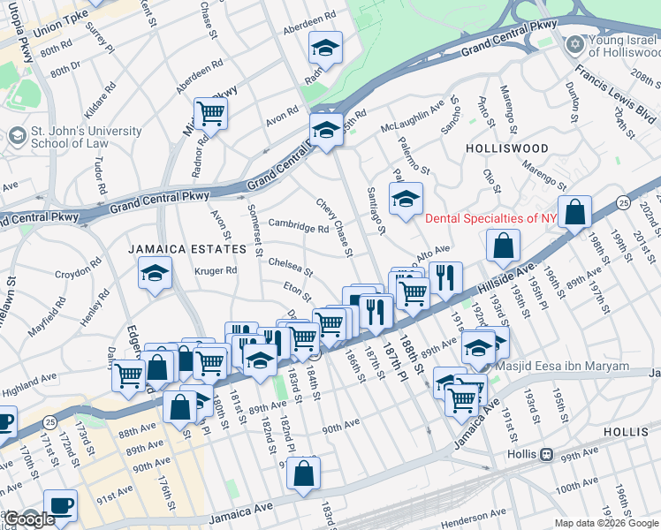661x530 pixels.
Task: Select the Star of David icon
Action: (x=575, y=43)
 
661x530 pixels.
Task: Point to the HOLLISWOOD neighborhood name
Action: (x=507, y=148)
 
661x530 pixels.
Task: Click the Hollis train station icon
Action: (x=547, y=454)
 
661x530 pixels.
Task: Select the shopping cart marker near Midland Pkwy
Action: (x=210, y=112)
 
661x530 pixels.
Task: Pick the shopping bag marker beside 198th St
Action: (x=574, y=212)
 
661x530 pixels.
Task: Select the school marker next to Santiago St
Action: (x=406, y=199)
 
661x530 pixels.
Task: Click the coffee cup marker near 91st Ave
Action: (x=61, y=505)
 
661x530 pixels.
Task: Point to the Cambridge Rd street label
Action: (x=299, y=226)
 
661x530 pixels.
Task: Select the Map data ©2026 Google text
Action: (x=606, y=523)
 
